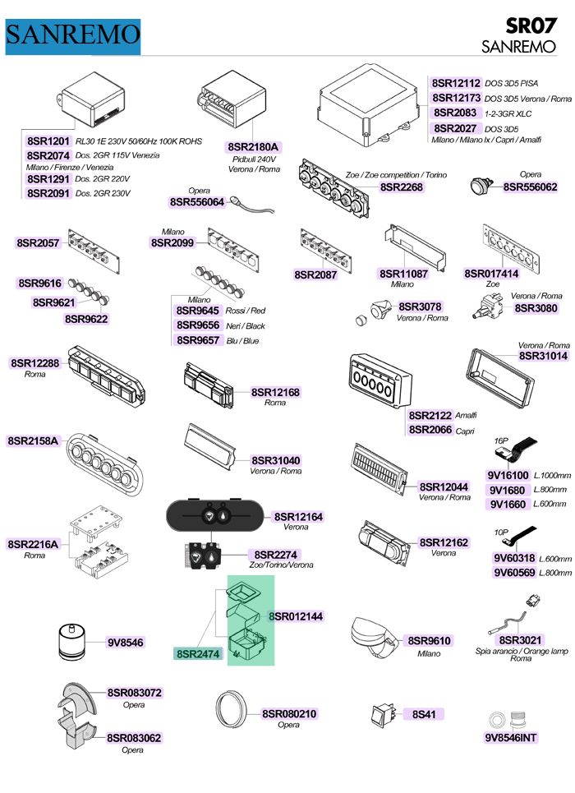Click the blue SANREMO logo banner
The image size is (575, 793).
pyautogui.click(x=73, y=36)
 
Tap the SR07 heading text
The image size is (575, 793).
pyautogui.click(x=531, y=25)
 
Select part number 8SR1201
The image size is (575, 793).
pyautogui.click(x=48, y=141)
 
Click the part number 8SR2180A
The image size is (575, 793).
pyautogui.click(x=253, y=146)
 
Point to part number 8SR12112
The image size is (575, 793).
pyautogui.click(x=456, y=83)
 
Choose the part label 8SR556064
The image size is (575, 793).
pyautogui.click(x=196, y=202)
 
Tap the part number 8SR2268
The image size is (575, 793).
pyautogui.click(x=401, y=187)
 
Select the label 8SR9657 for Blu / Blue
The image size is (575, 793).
pyautogui.click(x=198, y=340)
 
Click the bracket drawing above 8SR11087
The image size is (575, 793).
pyautogui.click(x=414, y=247)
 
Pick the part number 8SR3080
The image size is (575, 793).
pyautogui.click(x=536, y=308)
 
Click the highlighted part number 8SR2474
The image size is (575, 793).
pyautogui.click(x=198, y=654)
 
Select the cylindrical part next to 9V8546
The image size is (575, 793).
pyautogui.click(x=74, y=642)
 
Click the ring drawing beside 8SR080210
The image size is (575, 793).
pyautogui.click(x=231, y=712)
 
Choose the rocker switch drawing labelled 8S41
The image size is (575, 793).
pyautogui.click(x=382, y=714)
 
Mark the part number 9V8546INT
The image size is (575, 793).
pyautogui.click(x=511, y=737)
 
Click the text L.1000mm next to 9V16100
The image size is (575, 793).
pyautogui.click(x=552, y=476)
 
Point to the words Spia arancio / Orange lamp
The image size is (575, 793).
pyautogui.click(x=522, y=651)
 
